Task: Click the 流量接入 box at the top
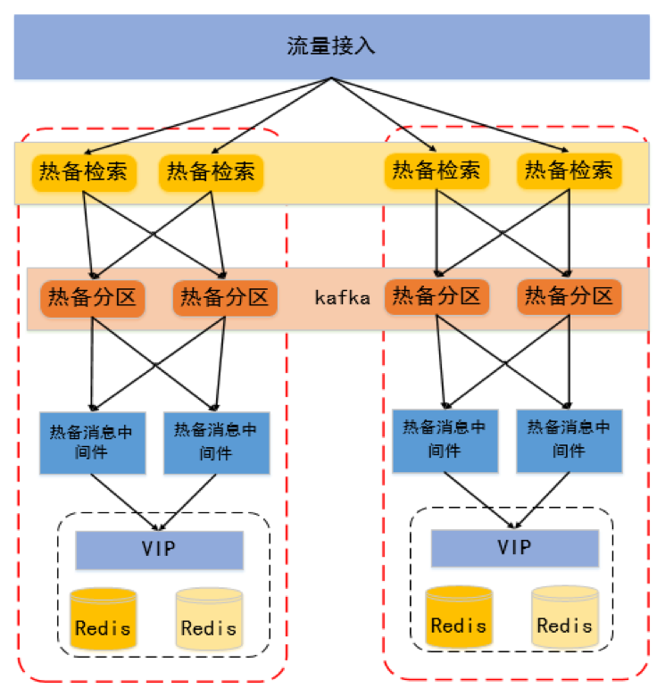pyautogui.click(x=331, y=46)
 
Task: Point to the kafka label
pyautogui.click(x=342, y=298)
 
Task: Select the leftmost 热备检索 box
pyautogui.click(x=85, y=171)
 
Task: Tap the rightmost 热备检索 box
pyautogui.click(x=568, y=170)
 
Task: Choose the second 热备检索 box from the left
pyautogui.click(x=211, y=171)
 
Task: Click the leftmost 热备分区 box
pyautogui.click(x=93, y=297)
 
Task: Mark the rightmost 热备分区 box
pyautogui.click(x=569, y=295)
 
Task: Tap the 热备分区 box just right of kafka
pyautogui.click(x=436, y=295)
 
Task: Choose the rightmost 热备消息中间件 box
pyautogui.click(x=569, y=439)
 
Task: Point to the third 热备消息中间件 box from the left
pyautogui.click(x=445, y=439)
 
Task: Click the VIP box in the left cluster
pyautogui.click(x=159, y=550)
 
